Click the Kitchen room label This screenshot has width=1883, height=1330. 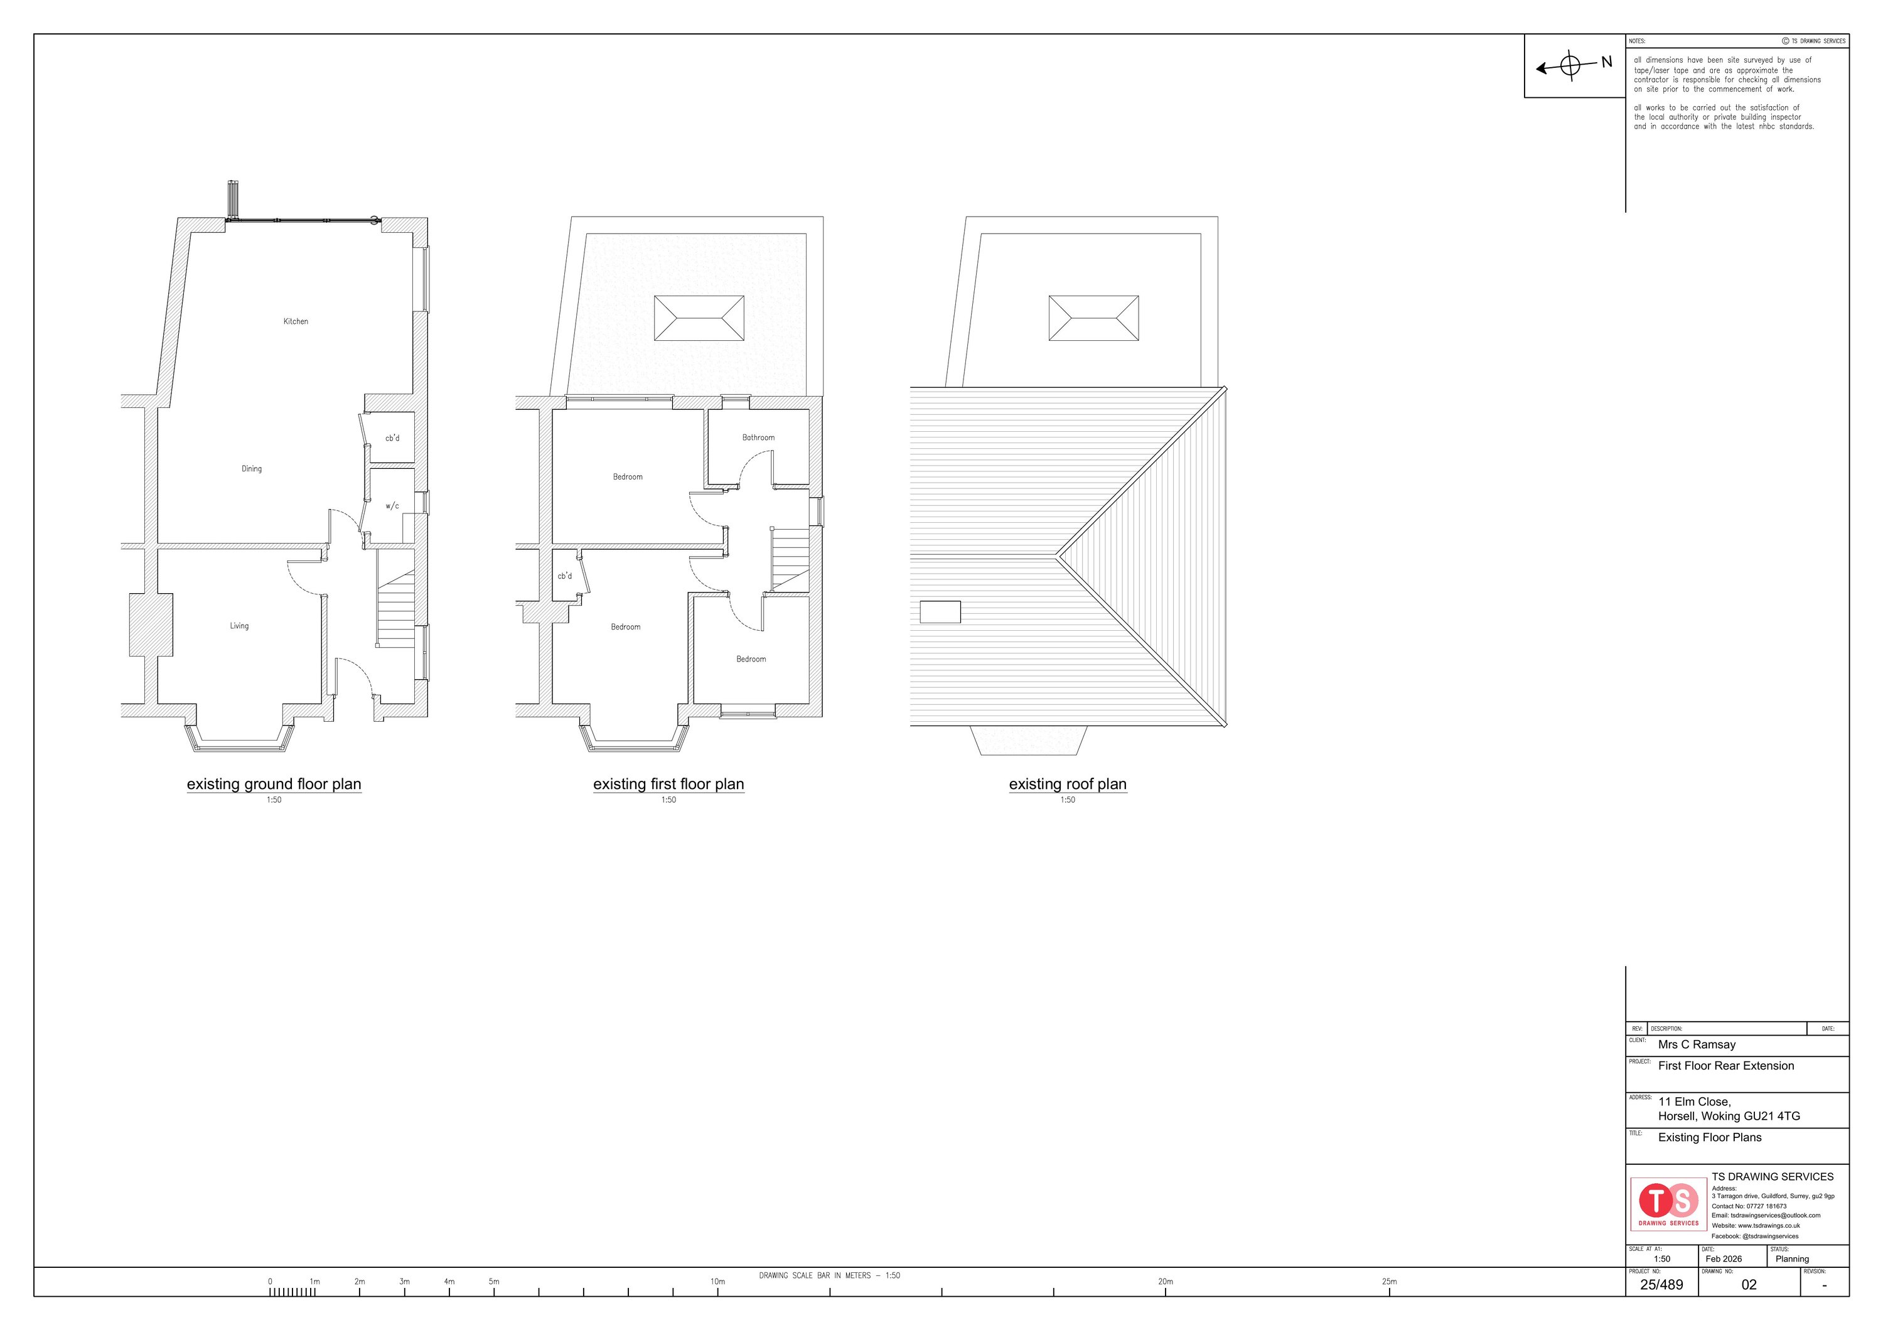tap(296, 321)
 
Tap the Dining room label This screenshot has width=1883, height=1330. tap(252, 469)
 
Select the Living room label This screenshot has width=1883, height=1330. tap(240, 626)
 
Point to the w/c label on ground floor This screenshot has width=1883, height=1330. tap(393, 506)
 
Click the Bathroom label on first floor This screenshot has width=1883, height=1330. tap(759, 438)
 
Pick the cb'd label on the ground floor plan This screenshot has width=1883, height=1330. tap(393, 438)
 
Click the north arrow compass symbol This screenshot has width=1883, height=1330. tap(1570, 66)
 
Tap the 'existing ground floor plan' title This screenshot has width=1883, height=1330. tap(274, 784)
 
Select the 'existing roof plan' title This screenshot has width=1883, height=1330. tap(1068, 784)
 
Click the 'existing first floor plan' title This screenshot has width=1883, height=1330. tap(668, 784)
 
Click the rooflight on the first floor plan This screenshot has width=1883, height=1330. tap(699, 318)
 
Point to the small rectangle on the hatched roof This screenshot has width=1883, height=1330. tap(940, 613)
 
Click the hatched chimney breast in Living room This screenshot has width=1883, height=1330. tap(151, 625)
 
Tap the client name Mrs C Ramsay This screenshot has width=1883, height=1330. tap(1697, 1044)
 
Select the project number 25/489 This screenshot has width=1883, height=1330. tap(1661, 1285)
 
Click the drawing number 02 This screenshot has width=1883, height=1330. tap(1749, 1285)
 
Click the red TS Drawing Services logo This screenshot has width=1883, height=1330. tap(1669, 1204)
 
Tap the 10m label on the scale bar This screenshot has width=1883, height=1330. tap(717, 1282)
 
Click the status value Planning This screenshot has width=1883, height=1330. tap(1792, 1258)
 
